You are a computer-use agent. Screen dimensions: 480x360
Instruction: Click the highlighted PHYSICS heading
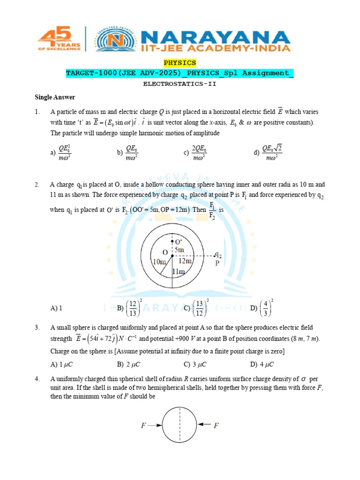coord(180,62)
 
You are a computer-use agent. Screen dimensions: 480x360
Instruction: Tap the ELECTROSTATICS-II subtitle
coord(180,84)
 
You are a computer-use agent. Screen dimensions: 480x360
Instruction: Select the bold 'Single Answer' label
coord(55,97)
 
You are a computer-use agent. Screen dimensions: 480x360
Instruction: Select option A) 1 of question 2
coord(56,308)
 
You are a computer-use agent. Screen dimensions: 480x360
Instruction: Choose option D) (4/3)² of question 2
coord(262,307)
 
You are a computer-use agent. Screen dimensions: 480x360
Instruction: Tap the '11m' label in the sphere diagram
coord(178,271)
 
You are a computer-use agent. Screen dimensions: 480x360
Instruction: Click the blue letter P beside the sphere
coord(217,263)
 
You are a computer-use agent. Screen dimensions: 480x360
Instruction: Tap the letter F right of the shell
coord(216,426)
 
